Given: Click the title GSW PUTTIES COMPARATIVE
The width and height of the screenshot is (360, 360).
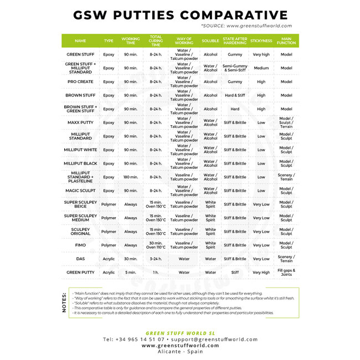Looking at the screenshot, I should point(180,15).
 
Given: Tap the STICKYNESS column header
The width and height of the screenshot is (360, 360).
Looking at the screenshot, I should point(261,40).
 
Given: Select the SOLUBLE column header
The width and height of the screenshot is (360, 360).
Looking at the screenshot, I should point(210,40).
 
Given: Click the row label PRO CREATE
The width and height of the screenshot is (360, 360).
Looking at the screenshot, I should point(80,81).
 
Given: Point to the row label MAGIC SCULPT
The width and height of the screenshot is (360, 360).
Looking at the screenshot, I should point(80,191).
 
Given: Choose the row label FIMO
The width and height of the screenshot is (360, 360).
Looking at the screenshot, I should point(80,245).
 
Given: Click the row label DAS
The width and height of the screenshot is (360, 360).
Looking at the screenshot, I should point(80,259).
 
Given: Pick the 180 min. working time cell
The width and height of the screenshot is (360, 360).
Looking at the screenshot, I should point(131,177).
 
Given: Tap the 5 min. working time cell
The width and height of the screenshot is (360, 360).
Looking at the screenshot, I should point(131,272).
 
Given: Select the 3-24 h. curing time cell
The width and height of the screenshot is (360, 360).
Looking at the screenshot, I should point(156,259).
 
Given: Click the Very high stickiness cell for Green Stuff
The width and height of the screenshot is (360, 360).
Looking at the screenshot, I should point(261,54).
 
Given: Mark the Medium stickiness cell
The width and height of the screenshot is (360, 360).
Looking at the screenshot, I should point(261,68).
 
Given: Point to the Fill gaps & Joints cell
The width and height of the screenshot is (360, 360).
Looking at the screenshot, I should point(286,272).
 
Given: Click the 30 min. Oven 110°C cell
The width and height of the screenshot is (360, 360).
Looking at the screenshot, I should point(156,245).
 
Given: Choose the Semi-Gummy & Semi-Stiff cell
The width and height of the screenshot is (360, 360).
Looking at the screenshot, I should point(235,68).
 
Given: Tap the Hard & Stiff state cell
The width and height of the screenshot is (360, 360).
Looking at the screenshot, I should point(235,95).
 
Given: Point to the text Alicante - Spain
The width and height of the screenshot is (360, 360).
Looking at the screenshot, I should point(180,351).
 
